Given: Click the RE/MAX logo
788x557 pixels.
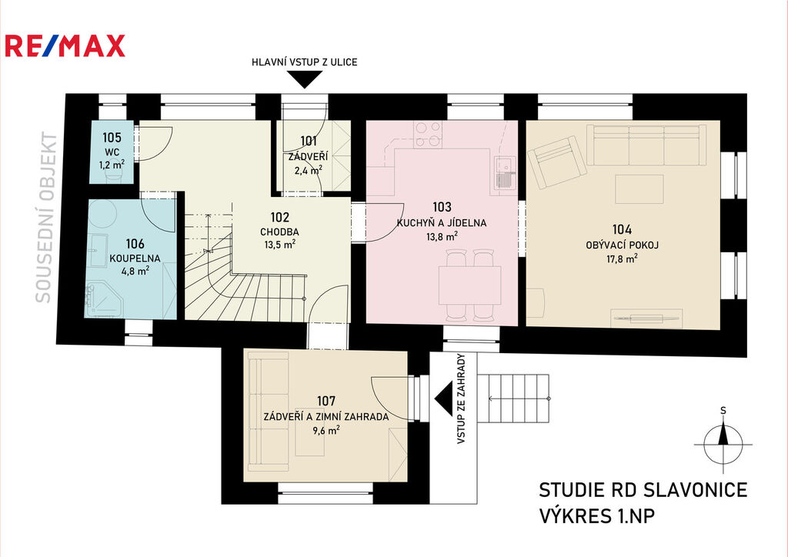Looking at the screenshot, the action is tap(65, 45).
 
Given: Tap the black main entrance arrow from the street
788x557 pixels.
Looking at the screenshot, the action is tap(304, 79).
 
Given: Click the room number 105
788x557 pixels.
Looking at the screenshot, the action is tap(112, 137).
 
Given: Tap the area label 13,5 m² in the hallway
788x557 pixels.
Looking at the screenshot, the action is tap(280, 245).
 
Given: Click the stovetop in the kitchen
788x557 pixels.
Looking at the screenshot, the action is tap(429, 135).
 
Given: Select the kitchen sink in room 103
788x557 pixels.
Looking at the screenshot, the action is tap(503, 173).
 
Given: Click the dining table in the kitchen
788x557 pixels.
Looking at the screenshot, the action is tap(469, 285).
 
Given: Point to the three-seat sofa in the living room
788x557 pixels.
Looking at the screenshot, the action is tap(646, 145).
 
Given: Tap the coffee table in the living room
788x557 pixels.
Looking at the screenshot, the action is tap(639, 188).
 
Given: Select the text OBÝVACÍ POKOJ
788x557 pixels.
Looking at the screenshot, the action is tap(622, 245).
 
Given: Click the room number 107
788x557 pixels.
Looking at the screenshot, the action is tap(326, 401).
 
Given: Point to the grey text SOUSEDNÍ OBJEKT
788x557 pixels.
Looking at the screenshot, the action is tap(45, 217).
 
